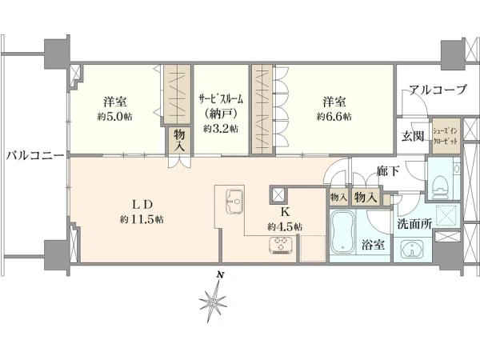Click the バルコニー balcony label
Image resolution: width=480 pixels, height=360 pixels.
pyautogui.click(x=35, y=155)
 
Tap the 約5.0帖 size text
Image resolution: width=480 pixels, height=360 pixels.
pyautogui.click(x=114, y=117)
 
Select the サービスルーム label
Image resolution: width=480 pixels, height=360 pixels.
pyautogui.click(x=221, y=99)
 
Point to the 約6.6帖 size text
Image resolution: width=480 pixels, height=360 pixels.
pyautogui.click(x=334, y=117)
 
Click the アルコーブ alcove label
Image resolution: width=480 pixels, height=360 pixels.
pyautogui.click(x=438, y=90)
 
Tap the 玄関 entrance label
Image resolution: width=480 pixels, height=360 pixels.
pyautogui.click(x=413, y=136)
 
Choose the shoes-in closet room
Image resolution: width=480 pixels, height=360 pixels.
pyautogui.click(x=446, y=137)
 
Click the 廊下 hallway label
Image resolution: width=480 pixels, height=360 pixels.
pyautogui.click(x=388, y=171)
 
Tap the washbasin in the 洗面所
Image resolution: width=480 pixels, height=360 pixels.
pyautogui.click(x=412, y=249)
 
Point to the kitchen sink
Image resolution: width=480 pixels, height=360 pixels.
pyautogui.click(x=234, y=201)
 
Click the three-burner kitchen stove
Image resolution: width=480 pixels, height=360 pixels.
pyautogui.click(x=281, y=246)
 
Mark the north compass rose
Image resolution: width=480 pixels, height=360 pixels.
pyautogui.click(x=213, y=302)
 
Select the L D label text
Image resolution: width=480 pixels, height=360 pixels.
pyautogui.click(x=142, y=205)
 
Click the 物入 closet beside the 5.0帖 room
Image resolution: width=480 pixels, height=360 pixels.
pyautogui.click(x=179, y=140)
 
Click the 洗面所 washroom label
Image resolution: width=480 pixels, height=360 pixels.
pyautogui.click(x=414, y=224)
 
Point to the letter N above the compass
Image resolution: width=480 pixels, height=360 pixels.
pyautogui.click(x=219, y=275)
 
